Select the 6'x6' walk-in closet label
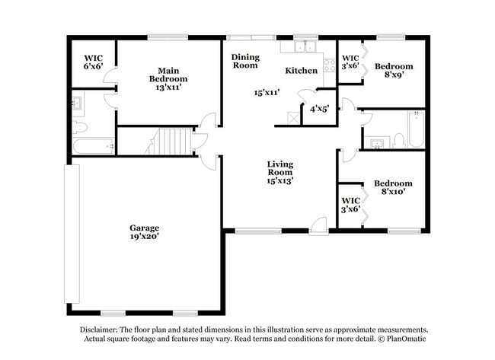(x=94, y=62)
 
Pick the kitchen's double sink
(x=306, y=47)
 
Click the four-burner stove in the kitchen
(x=330, y=65)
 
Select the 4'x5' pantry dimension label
(x=318, y=109)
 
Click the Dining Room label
(x=245, y=61)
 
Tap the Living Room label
(x=279, y=172)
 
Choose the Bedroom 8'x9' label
(x=394, y=71)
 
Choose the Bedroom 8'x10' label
(x=393, y=187)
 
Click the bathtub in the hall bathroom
(x=414, y=129)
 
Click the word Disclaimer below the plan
(x=100, y=330)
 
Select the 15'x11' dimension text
(x=267, y=92)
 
